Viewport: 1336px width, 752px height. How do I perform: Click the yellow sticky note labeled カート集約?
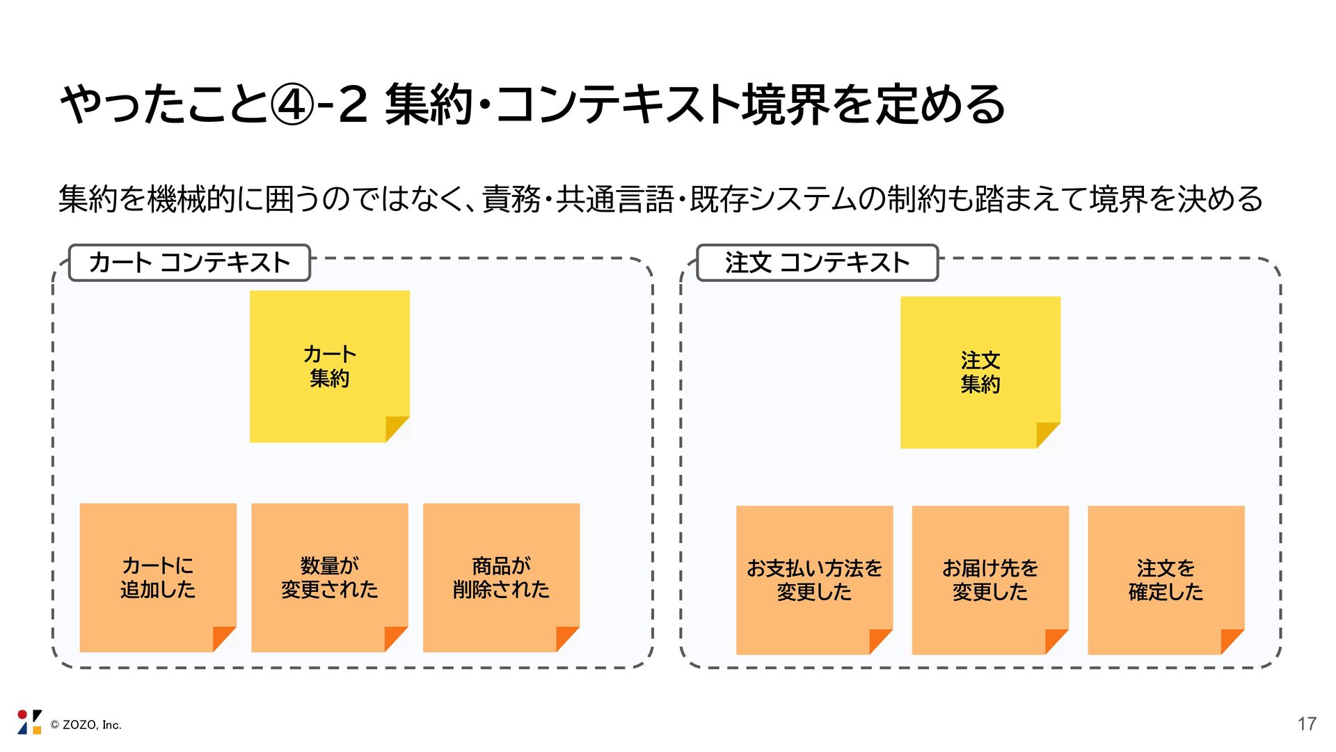coord(330,366)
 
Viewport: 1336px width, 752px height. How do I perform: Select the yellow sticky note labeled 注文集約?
coord(980,373)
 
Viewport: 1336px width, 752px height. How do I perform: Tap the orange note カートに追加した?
coord(158,577)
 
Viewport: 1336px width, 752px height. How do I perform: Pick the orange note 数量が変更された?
coord(330,577)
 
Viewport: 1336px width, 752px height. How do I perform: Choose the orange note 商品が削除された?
coord(501,577)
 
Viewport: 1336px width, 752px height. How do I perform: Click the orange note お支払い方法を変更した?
coord(814,580)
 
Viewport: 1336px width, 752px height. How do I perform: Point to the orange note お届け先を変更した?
coord(990,580)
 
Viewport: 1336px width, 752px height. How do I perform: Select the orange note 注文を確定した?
coord(1166,580)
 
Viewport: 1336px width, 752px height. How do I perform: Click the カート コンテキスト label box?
coord(189,263)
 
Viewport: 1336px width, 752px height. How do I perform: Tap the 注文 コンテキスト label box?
coord(818,263)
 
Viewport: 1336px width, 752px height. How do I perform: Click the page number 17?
coord(1307,724)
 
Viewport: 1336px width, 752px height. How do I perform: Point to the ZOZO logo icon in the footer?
coord(29,722)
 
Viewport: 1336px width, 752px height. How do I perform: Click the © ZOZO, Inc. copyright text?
coord(86,725)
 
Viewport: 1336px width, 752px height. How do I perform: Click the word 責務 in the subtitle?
coord(511,199)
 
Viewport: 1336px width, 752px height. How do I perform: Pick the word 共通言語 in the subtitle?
coord(614,199)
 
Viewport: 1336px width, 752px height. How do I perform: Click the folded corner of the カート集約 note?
coord(397,430)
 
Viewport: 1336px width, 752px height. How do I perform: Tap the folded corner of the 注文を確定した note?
coord(1232,642)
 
